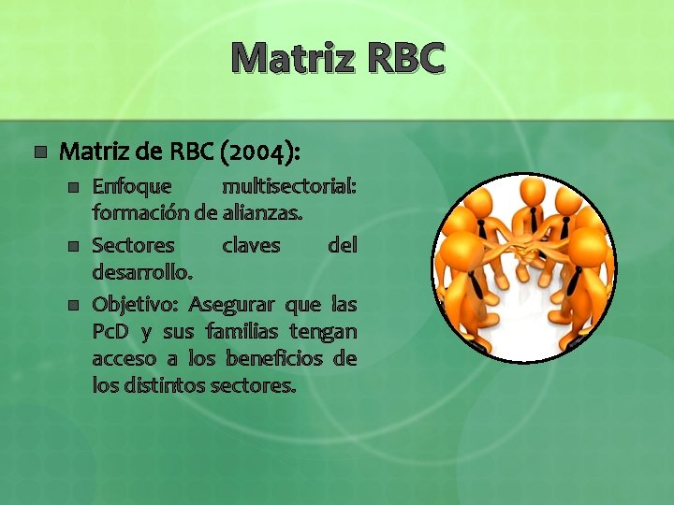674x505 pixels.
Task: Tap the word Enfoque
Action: [x=132, y=187]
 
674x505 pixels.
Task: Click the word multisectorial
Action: [x=288, y=187]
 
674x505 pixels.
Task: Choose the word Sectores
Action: [x=133, y=246]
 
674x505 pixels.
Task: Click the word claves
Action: [x=250, y=246]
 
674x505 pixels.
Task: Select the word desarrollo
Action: [x=142, y=272]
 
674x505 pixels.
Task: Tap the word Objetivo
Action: [x=137, y=305]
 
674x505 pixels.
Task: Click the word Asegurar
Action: [x=232, y=305]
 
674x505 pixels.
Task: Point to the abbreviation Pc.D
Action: [x=112, y=332]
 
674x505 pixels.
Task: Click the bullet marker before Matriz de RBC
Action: [x=38, y=151]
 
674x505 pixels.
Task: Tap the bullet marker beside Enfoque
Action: [x=74, y=188]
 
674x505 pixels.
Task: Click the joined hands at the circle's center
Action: [x=524, y=252]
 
